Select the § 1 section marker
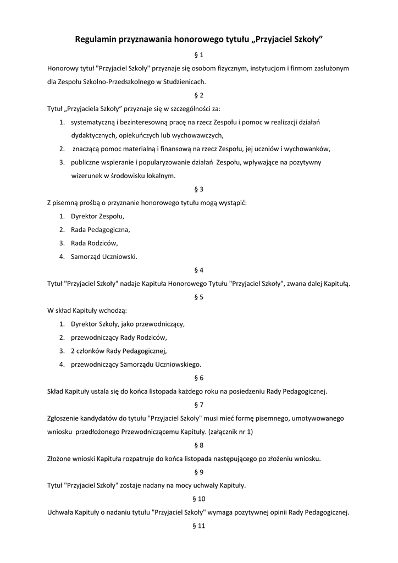pyautogui.click(x=199, y=55)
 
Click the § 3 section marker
pyautogui.click(x=199, y=189)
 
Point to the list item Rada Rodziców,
pyautogui.click(x=95, y=243)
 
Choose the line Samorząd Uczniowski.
pyautogui.click(x=104, y=256)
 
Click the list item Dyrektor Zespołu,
pyautogui.click(x=98, y=216)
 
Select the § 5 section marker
pyautogui.click(x=199, y=297)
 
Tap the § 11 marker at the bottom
pyautogui.click(x=199, y=526)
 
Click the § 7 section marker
pyautogui.click(x=199, y=405)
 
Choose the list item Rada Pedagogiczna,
pyautogui.click(x=101, y=230)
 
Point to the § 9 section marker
pyautogui.click(x=199, y=472)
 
